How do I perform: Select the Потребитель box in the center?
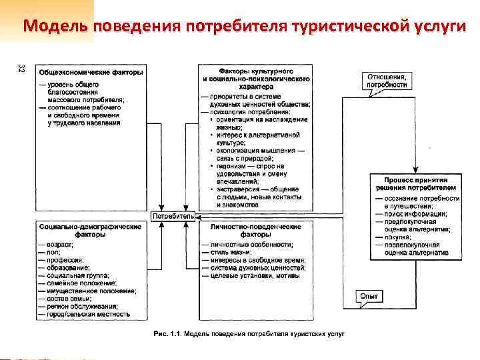pyautogui.click(x=175, y=217)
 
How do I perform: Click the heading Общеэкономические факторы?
pyautogui.click(x=91, y=71)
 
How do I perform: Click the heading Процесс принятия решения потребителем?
pyautogui.click(x=415, y=184)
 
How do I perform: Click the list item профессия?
pyautogui.click(x=65, y=260)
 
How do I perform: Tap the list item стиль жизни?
pyautogui.click(x=231, y=253)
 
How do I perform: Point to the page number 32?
pyautogui.click(x=22, y=69)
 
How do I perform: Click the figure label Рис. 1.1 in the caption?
pyautogui.click(x=165, y=333)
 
